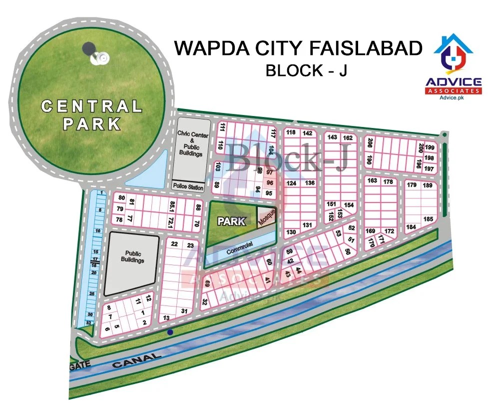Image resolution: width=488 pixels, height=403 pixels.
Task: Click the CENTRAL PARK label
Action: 92,114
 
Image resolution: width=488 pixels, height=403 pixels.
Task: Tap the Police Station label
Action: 188,187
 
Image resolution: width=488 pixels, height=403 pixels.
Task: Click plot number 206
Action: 370,143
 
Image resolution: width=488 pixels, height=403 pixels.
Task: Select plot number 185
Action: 428,218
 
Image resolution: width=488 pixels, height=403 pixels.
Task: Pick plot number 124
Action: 292,183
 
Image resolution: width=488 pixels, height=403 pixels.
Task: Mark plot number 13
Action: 167,318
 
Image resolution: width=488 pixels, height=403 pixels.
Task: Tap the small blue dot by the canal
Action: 170,332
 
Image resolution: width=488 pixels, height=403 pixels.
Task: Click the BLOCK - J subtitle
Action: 306,70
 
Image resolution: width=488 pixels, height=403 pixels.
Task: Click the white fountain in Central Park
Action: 99,58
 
